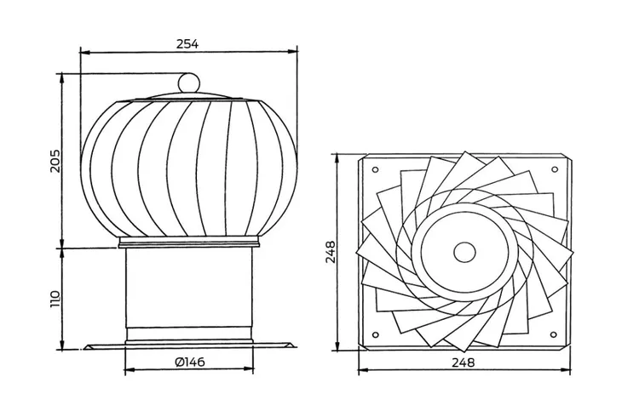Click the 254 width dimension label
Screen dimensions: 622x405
click(x=187, y=44)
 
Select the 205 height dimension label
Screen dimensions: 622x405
click(x=55, y=161)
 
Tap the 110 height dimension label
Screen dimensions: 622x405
click(x=55, y=299)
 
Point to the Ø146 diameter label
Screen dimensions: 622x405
click(x=190, y=362)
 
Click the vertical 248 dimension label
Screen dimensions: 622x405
click(x=331, y=252)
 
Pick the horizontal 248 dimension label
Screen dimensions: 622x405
click(x=464, y=362)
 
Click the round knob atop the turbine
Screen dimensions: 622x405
click(x=188, y=83)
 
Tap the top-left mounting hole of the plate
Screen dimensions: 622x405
click(x=375, y=169)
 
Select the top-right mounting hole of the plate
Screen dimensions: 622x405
click(x=555, y=169)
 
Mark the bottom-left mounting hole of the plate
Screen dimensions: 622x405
click(x=375, y=335)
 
